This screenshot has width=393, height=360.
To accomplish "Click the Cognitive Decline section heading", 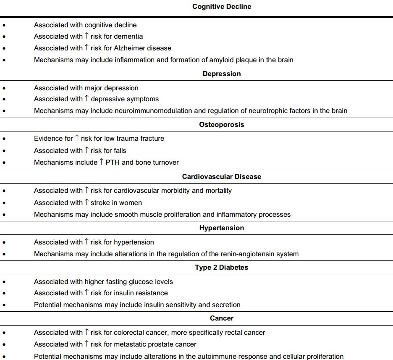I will (222, 6).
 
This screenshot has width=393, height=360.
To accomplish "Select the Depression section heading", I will (222, 74).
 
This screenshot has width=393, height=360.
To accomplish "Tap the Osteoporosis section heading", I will (222, 124).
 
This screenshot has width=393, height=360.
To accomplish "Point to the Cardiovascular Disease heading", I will (222, 176).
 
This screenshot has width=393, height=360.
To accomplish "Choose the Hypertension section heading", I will (222, 228).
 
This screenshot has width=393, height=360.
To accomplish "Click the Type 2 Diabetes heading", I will (222, 267).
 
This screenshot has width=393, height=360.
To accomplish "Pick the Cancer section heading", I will (222, 318).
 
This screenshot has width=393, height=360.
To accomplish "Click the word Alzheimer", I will (130, 48).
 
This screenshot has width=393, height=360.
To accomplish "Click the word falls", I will (120, 150).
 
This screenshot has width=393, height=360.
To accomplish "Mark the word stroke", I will (100, 202).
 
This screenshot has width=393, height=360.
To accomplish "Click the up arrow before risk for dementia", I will (86, 36).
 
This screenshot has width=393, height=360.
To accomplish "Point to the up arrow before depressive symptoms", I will (86, 99).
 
